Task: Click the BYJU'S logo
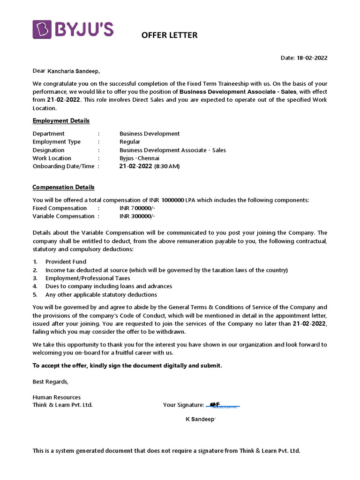[73, 30]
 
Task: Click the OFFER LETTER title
[169, 35]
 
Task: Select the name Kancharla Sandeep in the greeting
[73, 71]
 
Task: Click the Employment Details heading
[61, 121]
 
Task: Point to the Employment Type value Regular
[130, 142]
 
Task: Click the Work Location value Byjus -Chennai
[139, 158]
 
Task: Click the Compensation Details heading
[63, 187]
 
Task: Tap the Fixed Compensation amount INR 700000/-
[137, 208]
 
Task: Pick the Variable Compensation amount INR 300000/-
[137, 216]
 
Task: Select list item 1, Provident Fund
[66, 262]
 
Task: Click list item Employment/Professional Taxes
[88, 278]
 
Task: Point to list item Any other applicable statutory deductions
[101, 295]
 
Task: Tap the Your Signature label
[183, 405]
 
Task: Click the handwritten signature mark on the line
[215, 404]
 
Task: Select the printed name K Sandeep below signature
[200, 420]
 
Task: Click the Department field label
[49, 134]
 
